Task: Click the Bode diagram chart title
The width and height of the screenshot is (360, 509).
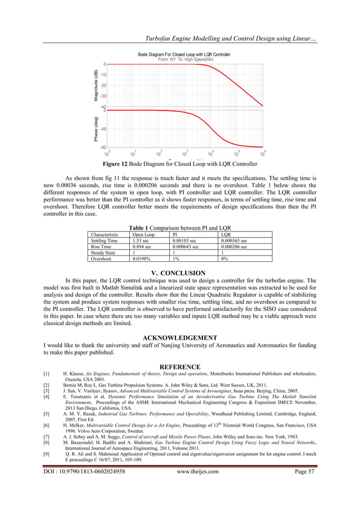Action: tap(184, 54)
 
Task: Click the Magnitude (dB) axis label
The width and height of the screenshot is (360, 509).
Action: tap(96, 86)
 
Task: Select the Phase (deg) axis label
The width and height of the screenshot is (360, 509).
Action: tap(96, 129)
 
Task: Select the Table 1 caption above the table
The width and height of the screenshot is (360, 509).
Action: tap(179, 227)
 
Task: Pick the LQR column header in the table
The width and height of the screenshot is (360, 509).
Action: tap(226, 234)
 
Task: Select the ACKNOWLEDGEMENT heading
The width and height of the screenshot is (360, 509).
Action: tap(180, 337)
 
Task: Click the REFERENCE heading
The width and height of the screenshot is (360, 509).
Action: tap(180, 366)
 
